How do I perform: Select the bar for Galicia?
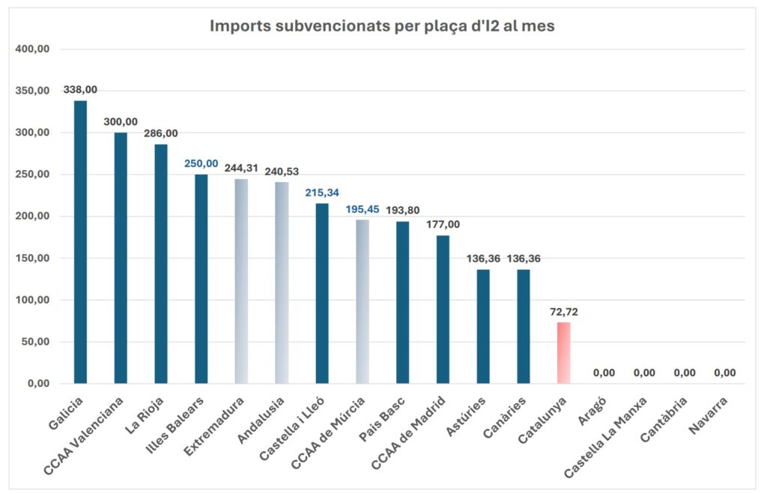coord(80,241)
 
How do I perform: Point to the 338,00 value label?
coord(80,90)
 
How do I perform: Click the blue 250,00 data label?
coord(201,163)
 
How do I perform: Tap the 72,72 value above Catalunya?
coord(563,311)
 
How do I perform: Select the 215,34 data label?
coord(321,193)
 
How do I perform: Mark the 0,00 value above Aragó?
coord(604,373)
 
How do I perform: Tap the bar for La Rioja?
coord(160,263)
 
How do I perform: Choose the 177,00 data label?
coord(443,224)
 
